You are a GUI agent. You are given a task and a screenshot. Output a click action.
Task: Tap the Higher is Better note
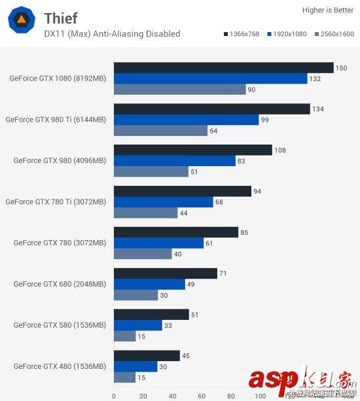click(327, 10)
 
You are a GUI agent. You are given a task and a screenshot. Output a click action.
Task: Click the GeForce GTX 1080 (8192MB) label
click(58, 78)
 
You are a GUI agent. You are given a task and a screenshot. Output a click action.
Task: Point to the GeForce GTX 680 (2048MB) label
click(60, 284)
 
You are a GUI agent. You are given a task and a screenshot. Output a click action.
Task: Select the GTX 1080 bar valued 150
click(223, 68)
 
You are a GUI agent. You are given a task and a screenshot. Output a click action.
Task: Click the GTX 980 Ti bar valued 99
click(187, 120)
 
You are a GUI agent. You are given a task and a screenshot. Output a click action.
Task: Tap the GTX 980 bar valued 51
click(151, 171)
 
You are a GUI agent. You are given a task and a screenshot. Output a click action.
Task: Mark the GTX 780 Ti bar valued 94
click(183, 191)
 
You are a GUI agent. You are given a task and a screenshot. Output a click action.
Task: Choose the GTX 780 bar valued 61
click(158, 243)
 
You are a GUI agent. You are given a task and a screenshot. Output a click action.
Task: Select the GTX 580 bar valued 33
click(138, 325)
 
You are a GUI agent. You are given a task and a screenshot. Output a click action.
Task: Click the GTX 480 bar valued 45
click(147, 356)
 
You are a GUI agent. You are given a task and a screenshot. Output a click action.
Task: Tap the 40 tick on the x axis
click(173, 395)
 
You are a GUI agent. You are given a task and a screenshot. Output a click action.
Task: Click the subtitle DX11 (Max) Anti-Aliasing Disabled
click(112, 34)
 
